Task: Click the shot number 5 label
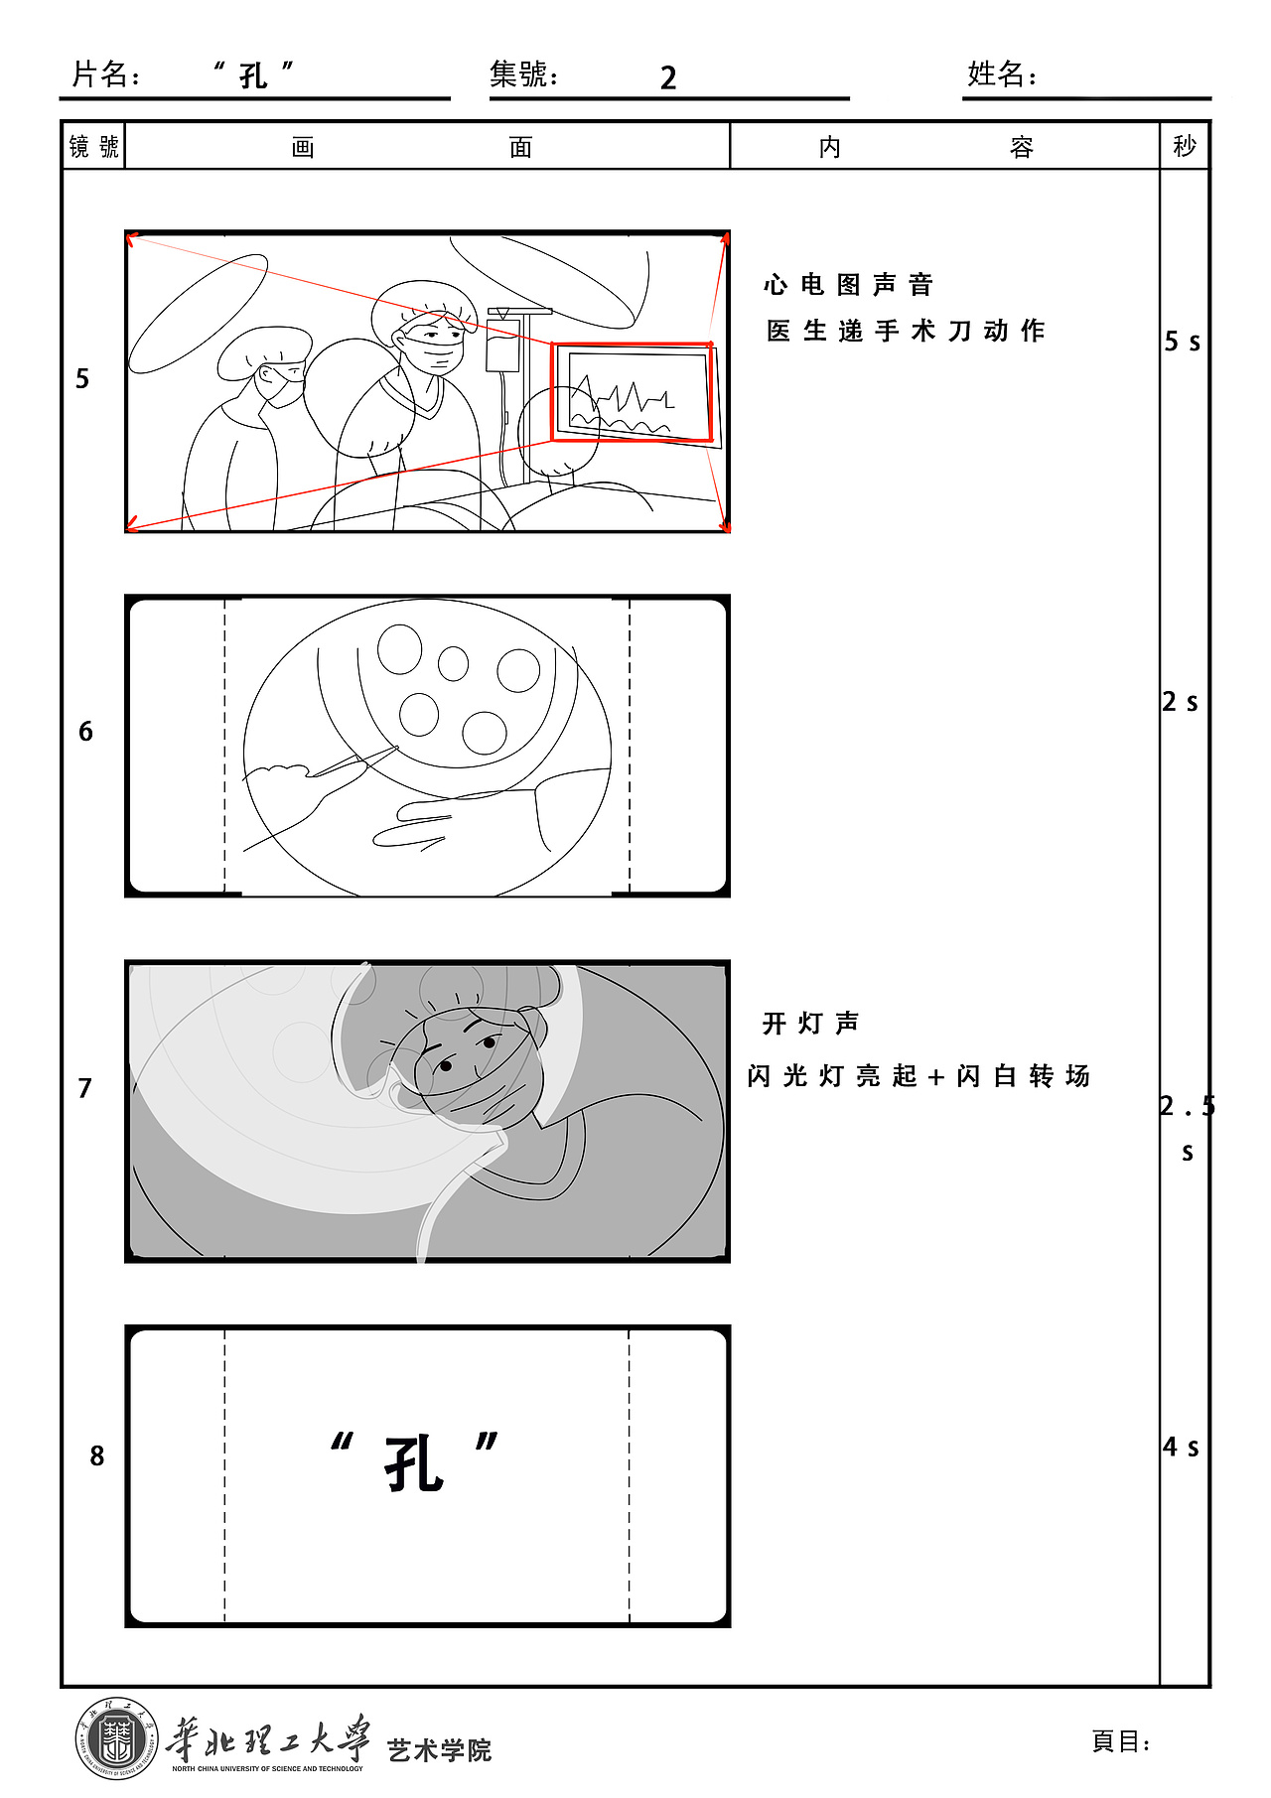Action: [82, 379]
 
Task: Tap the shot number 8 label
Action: [96, 1455]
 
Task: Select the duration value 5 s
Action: [1182, 342]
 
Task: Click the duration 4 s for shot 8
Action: [1181, 1447]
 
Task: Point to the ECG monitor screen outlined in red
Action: [633, 393]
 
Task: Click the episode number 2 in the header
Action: [668, 78]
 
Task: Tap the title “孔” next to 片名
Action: [254, 75]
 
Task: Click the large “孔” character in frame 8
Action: [413, 1463]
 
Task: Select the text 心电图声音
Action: [848, 285]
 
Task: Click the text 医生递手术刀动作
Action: [906, 331]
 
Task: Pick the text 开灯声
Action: [810, 1023]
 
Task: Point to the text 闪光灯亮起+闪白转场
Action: [918, 1076]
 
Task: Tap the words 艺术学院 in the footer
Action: [439, 1749]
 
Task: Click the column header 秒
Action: [1184, 147]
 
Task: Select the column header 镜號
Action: [93, 147]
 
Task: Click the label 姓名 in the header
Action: [997, 74]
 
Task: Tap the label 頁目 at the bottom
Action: [1118, 1741]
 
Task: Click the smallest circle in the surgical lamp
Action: [453, 663]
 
